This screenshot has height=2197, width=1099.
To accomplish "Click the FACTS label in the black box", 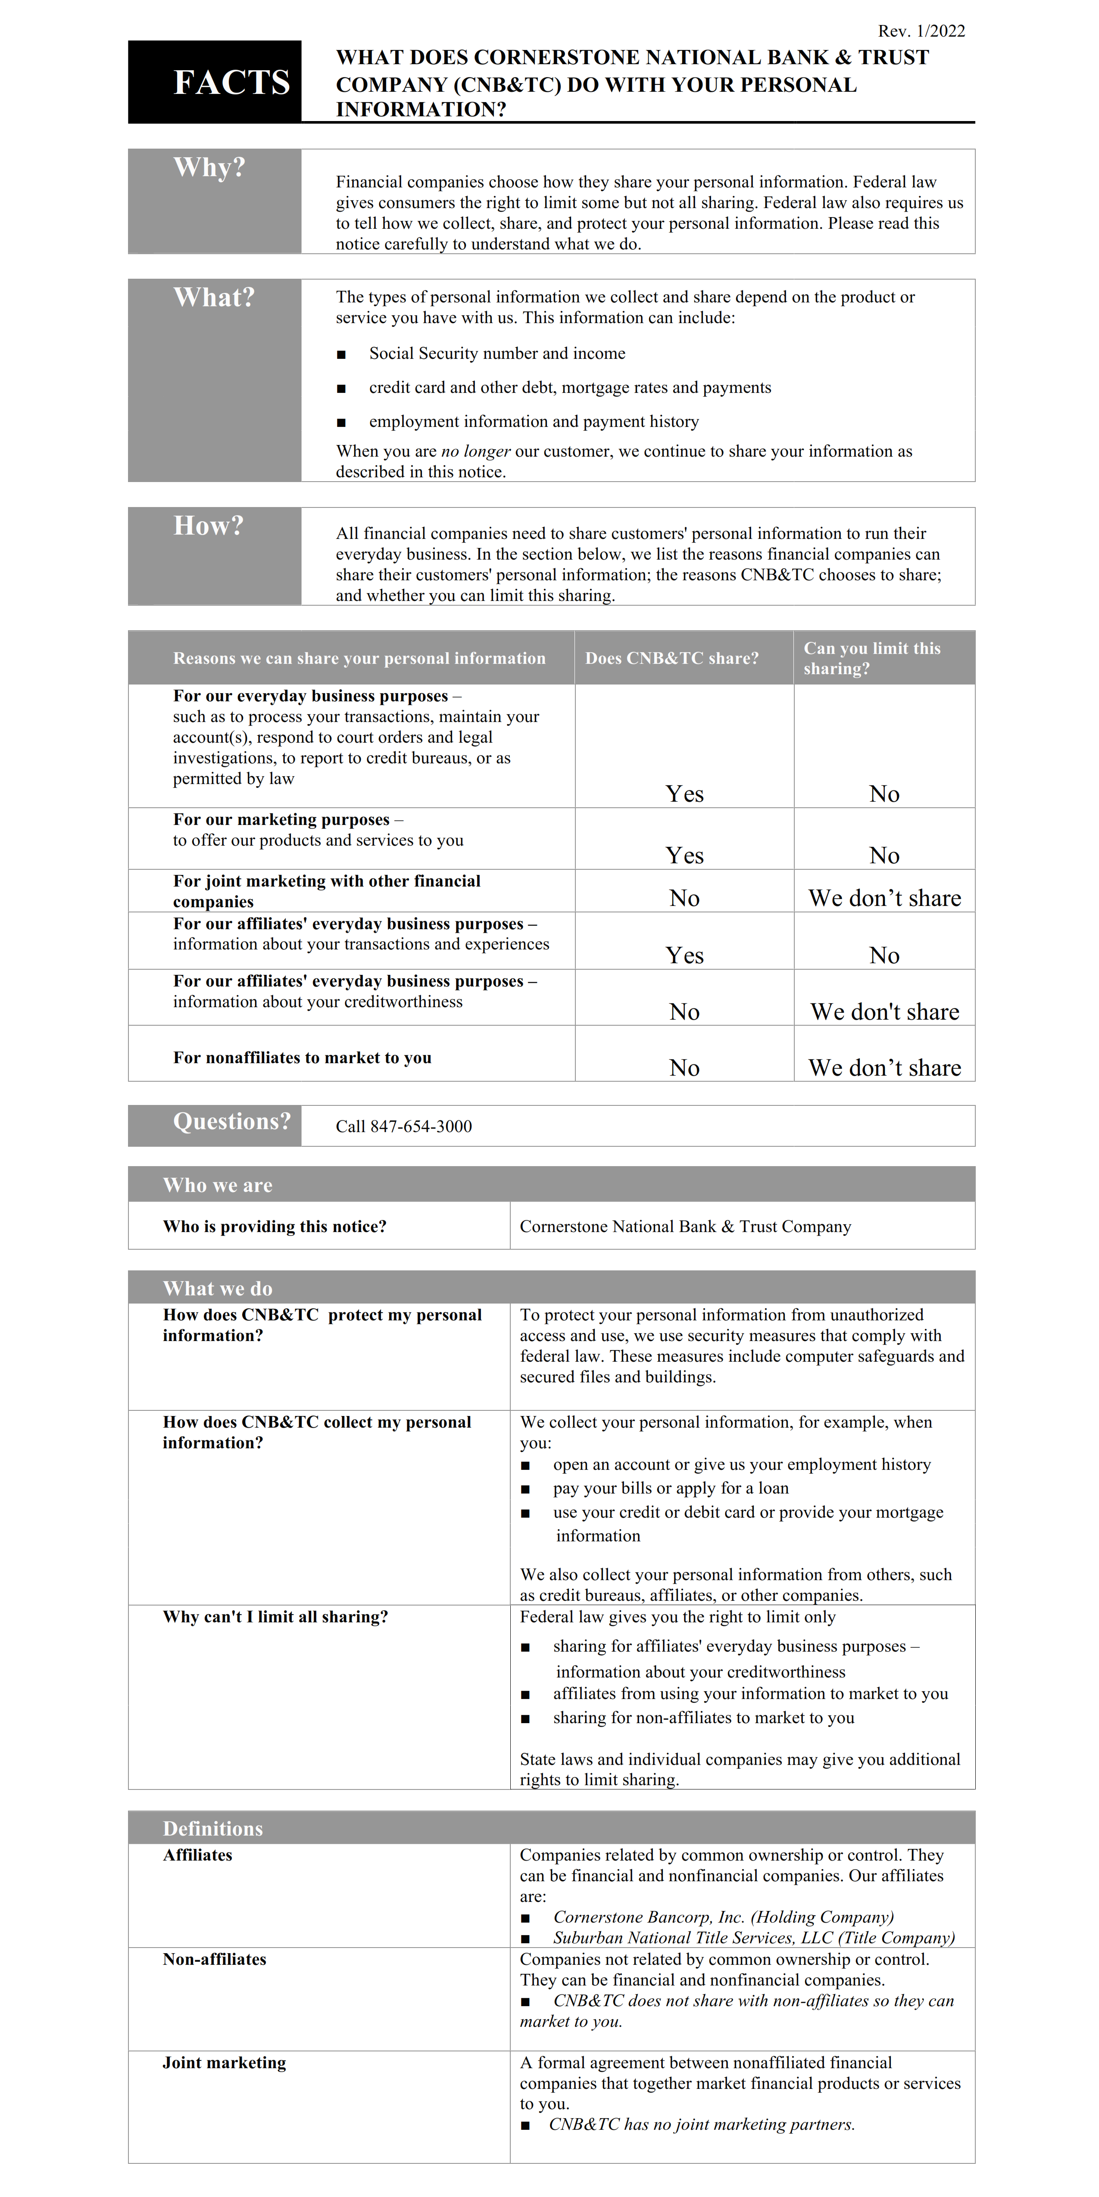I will [231, 83].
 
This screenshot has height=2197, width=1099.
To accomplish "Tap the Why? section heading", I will [209, 167].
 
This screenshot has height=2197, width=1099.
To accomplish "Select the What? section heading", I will [213, 298].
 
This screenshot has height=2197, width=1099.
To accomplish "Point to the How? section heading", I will [208, 526].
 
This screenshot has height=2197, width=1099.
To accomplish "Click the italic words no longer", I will [475, 451].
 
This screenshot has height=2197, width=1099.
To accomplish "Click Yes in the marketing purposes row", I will [684, 856].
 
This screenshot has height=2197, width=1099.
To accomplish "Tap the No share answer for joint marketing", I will [684, 898].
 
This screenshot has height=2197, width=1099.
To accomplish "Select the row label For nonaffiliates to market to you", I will [302, 1058].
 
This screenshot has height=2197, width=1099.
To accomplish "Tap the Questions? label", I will [231, 1121].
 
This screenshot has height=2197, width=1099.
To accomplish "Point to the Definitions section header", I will [212, 1829].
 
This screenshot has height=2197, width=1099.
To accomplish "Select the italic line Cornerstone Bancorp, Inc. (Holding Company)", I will [723, 1917].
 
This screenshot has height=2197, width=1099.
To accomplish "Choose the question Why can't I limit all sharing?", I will [275, 1617].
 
